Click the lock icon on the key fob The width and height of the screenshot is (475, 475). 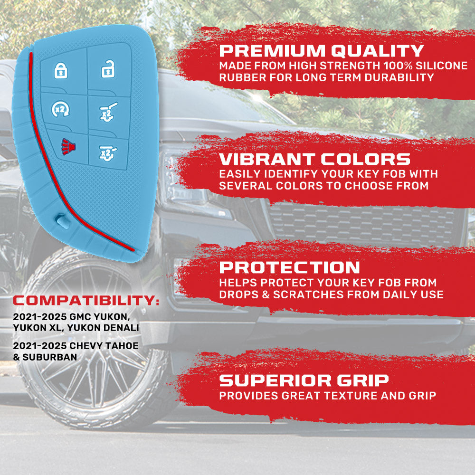(x=61, y=71)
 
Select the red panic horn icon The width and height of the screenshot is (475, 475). (x=69, y=146)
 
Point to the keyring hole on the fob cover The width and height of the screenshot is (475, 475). (x=62, y=221)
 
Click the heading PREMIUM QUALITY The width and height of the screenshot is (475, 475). (x=322, y=51)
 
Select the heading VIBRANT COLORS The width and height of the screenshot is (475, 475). (x=315, y=159)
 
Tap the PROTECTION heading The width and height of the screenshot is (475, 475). (x=290, y=267)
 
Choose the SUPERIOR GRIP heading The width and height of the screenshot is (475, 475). (x=304, y=380)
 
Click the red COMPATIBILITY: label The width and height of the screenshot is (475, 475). (x=86, y=301)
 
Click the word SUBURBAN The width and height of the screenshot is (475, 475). (x=50, y=357)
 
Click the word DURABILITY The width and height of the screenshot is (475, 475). (x=399, y=77)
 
